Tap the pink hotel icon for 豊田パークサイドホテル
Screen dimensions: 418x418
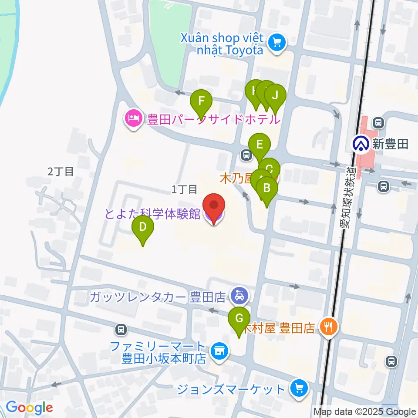(133, 118)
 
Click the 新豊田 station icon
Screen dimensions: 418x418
(361, 144)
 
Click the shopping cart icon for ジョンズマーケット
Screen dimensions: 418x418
(299, 388)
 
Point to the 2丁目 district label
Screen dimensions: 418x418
(61, 172)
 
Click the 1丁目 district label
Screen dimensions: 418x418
(185, 189)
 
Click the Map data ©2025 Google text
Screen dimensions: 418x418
(365, 412)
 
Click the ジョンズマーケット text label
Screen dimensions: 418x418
(231, 388)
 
